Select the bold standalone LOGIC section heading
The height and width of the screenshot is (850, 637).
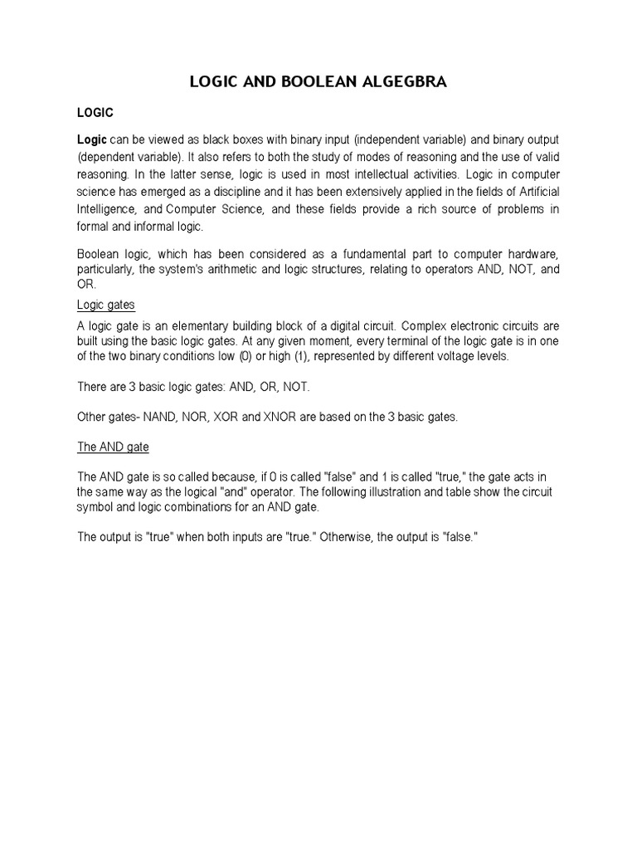95,111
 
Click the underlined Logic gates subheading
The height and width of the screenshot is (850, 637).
106,305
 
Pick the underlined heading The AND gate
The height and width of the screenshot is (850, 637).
113,447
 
